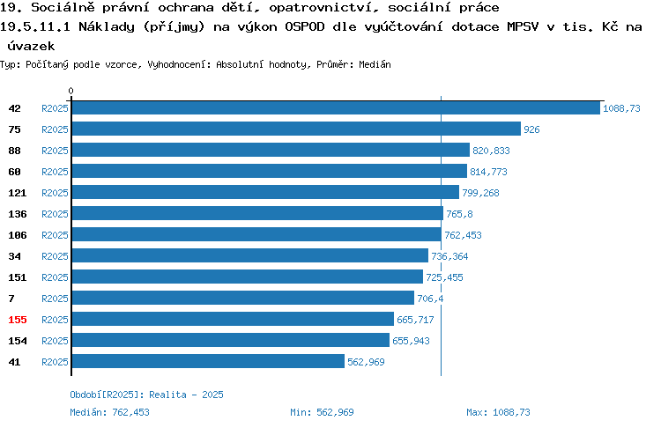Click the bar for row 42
[336, 107]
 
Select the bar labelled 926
[296, 129]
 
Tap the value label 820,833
[491, 151]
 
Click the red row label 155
[18, 320]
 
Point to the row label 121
[18, 193]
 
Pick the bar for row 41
[208, 361]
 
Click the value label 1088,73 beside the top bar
[621, 108]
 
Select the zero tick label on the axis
[71, 91]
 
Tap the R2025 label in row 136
[55, 214]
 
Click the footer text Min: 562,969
[322, 412]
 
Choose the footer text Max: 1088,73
[498, 412]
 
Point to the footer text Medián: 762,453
[109, 412]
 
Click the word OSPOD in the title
[305, 26]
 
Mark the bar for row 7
[243, 298]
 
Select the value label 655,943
[411, 341]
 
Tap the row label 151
[18, 277]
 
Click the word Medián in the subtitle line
[375, 64]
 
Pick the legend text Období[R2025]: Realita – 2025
[146, 395]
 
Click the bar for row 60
[270, 171]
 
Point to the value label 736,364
[449, 256]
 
